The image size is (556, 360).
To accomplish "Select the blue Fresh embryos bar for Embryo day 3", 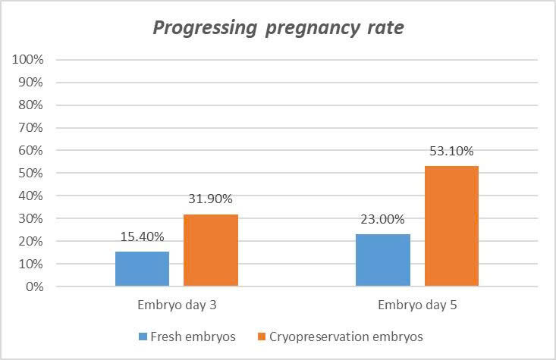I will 142,268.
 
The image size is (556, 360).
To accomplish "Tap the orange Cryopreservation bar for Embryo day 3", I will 210,250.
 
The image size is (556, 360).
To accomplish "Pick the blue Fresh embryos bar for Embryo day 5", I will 383,260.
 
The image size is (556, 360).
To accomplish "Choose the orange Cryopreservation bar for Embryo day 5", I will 451,226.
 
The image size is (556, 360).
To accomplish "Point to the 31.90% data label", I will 210,199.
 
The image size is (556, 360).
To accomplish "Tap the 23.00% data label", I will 383,221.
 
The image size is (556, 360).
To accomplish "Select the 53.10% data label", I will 451,152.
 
